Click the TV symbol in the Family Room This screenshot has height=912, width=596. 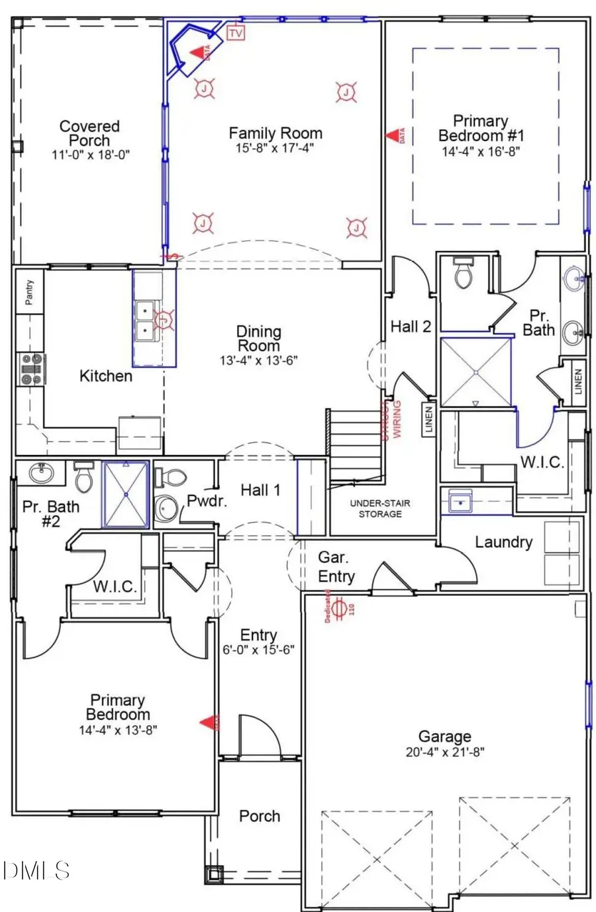235,31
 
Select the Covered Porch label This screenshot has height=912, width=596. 89,133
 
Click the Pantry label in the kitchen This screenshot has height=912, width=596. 29,292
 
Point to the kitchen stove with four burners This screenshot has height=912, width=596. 30,369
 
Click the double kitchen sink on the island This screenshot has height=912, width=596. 145,320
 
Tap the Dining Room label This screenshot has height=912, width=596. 259,338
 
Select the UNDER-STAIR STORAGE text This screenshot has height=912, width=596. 380,509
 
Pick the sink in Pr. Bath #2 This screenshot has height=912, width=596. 44,474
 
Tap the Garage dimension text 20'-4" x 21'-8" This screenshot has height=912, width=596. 444,752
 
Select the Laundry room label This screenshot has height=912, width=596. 503,542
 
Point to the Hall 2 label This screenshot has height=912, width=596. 411,326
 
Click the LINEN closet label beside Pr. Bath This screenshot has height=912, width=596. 578,382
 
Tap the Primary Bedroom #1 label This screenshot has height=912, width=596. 481,128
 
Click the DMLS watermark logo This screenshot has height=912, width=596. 36,870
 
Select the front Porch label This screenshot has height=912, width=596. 260,817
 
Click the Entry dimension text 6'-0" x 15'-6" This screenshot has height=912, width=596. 258,650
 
